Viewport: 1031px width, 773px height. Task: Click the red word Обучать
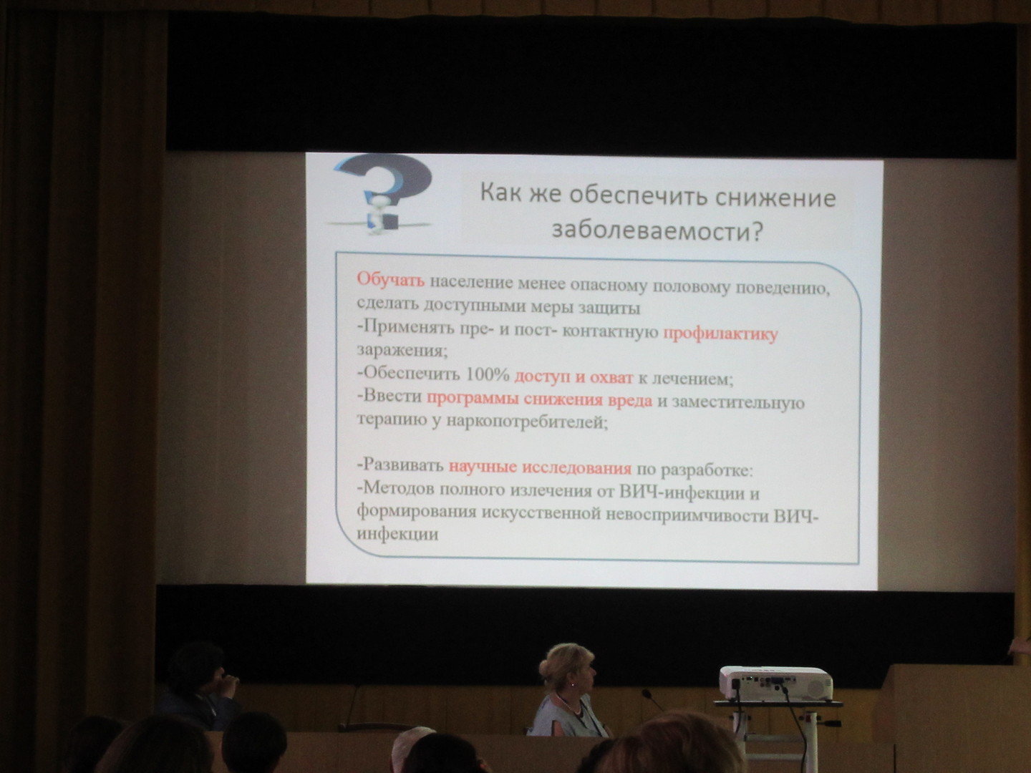pos(390,279)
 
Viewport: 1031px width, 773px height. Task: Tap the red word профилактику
pos(720,334)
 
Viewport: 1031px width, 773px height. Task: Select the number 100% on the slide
pos(488,374)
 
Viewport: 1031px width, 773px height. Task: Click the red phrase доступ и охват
pos(573,377)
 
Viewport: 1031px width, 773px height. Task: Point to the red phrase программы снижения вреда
pos(539,400)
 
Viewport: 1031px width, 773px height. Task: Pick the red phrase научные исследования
pos(540,467)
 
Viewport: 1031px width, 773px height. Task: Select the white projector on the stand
pos(775,683)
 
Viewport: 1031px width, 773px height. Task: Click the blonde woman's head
pos(567,669)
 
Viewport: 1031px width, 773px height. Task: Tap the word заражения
pos(402,351)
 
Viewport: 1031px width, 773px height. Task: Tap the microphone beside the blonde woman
pos(653,700)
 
